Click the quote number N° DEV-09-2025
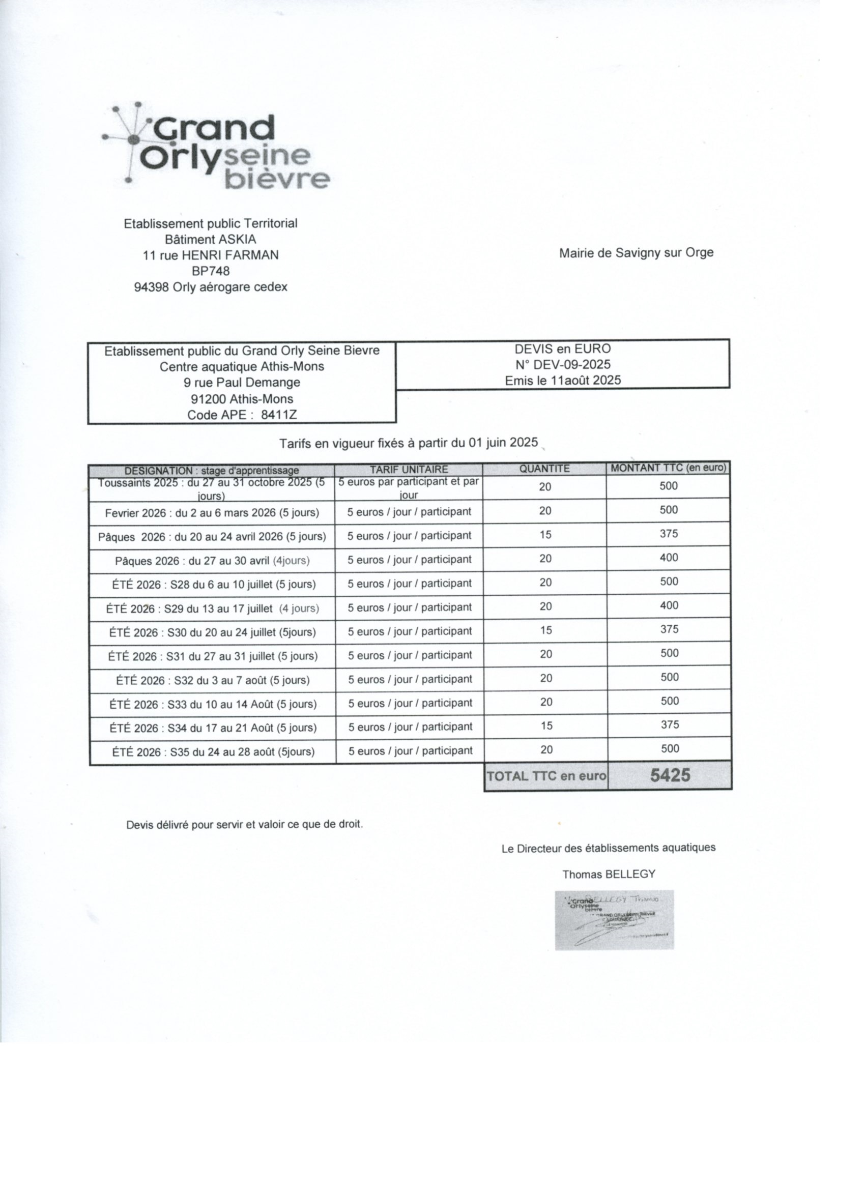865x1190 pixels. click(x=563, y=365)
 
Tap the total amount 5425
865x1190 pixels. click(x=670, y=775)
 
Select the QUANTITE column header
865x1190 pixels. click(x=544, y=469)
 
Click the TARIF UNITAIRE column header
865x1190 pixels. click(x=409, y=469)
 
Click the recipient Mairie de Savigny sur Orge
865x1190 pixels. click(x=636, y=253)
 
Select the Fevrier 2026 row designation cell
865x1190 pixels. click(x=212, y=513)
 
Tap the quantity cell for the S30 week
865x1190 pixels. click(x=546, y=630)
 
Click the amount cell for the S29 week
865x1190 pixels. click(x=669, y=605)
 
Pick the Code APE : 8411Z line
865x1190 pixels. click(x=242, y=415)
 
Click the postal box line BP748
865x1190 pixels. click(x=211, y=271)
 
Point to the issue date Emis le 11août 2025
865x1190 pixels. click(x=563, y=381)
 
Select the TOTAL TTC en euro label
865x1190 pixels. click(x=546, y=776)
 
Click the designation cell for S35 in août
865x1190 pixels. click(x=213, y=752)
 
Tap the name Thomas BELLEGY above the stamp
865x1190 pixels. click(x=609, y=874)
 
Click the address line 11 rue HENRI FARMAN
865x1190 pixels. click(x=211, y=255)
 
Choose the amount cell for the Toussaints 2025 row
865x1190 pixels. click(x=669, y=486)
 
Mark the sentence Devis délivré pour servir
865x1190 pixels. click(x=245, y=824)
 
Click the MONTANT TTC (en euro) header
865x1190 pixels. click(x=668, y=468)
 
